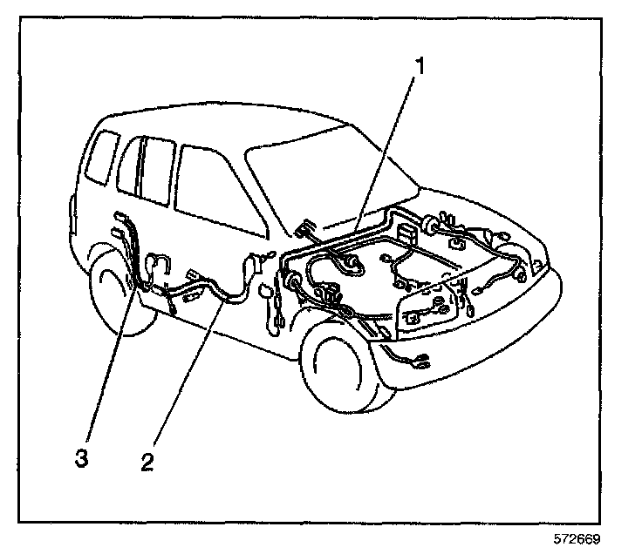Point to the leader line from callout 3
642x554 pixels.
click(x=109, y=366)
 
